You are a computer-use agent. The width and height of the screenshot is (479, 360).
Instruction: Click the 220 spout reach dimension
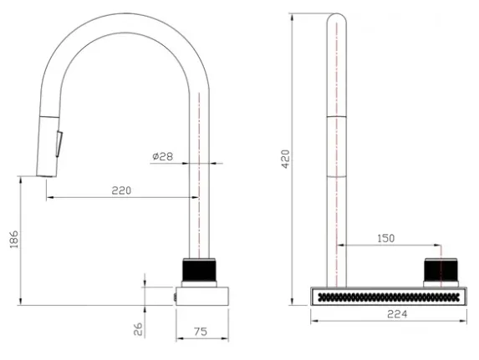pyautogui.click(x=121, y=190)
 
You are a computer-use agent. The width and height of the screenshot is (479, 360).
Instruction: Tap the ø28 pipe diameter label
pyautogui.click(x=163, y=156)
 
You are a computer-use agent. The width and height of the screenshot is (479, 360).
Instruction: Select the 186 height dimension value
pyautogui.click(x=14, y=239)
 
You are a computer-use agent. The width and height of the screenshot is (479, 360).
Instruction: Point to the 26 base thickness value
pyautogui.click(x=139, y=329)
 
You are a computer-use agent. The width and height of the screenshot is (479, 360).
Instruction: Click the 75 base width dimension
pyautogui.click(x=201, y=332)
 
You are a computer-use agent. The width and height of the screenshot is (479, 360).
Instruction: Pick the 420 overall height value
pyautogui.click(x=285, y=159)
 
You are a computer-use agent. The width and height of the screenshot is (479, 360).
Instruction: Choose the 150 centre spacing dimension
pyautogui.click(x=386, y=238)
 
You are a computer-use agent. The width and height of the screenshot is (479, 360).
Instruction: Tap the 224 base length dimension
pyautogui.click(x=397, y=314)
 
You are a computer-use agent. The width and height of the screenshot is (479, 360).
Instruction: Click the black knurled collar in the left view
pyautogui.click(x=199, y=271)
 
